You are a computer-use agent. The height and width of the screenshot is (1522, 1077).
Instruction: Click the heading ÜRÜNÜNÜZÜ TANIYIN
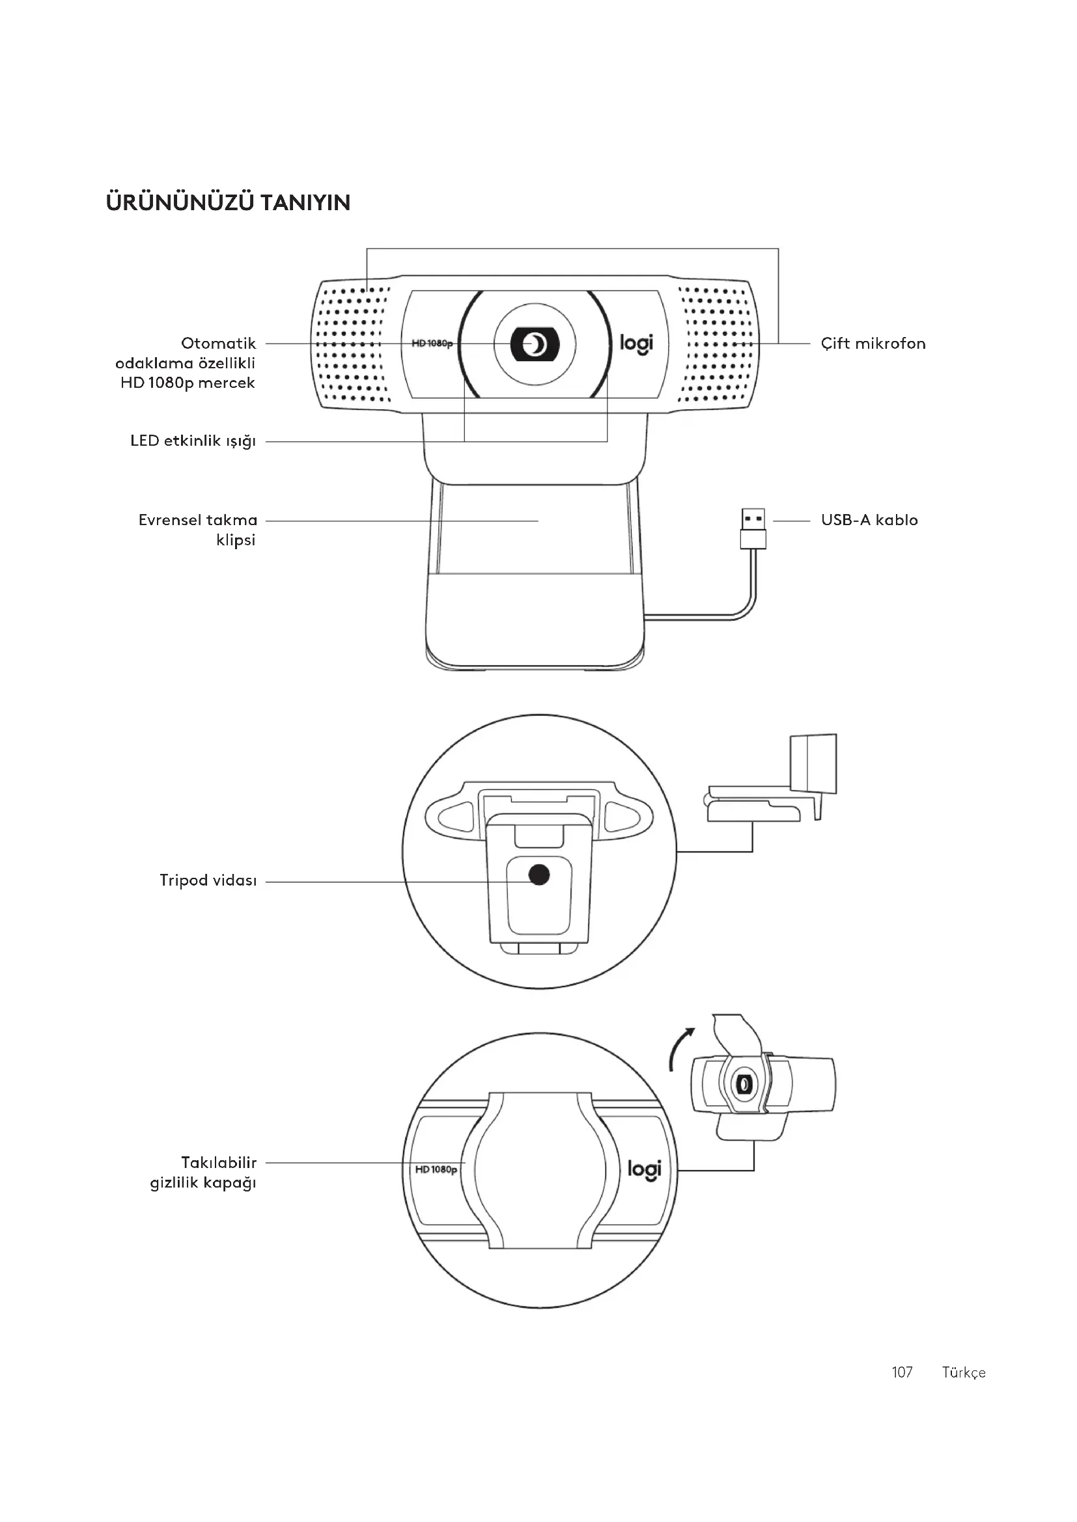228,203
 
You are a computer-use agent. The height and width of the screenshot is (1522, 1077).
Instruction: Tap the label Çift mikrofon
873,344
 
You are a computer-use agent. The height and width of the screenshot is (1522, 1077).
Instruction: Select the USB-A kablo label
869,520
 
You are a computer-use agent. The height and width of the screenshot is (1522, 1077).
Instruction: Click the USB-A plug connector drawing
753,528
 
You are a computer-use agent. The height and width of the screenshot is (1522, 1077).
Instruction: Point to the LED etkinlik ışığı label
193,441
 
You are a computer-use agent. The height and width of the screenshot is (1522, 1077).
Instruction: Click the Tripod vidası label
208,880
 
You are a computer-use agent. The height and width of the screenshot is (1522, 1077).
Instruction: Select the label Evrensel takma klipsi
198,530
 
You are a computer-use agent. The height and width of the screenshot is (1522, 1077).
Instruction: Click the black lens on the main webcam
535,344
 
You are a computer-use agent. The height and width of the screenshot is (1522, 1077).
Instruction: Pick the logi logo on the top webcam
636,344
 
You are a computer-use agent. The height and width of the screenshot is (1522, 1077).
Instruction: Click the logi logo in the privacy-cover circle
644,1169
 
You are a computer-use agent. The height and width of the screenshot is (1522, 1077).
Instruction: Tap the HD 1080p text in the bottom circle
436,1169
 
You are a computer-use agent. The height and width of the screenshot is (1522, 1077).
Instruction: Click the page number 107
902,1372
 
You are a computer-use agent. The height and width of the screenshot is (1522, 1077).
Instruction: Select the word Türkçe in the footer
964,1372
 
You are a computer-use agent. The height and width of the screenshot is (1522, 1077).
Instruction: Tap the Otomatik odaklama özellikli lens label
186,363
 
